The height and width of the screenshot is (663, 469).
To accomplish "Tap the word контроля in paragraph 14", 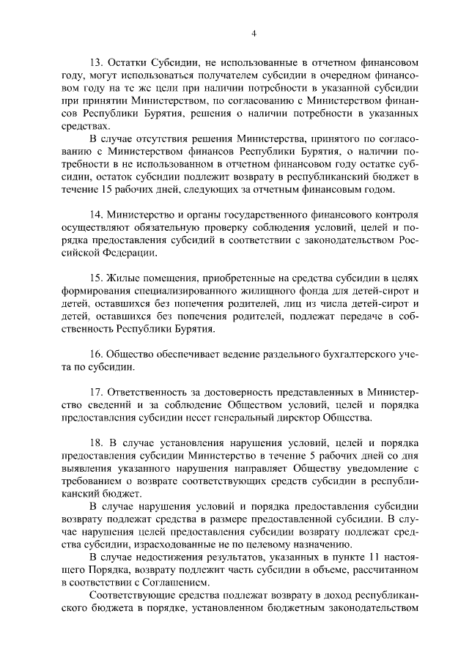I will click(395, 215).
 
